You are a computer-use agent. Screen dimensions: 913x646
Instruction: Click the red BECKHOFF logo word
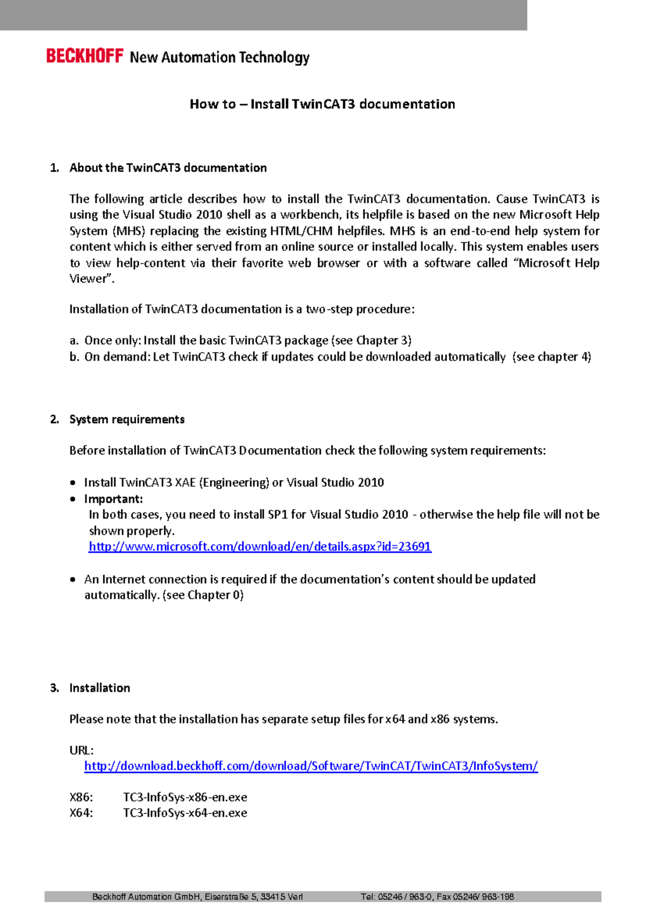click(x=85, y=56)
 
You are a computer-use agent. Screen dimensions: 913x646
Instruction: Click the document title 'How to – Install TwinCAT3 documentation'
click(x=322, y=104)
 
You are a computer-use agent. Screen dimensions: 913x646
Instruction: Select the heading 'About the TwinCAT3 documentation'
click(x=168, y=168)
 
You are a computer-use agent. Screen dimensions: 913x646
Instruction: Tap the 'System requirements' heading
click(x=127, y=419)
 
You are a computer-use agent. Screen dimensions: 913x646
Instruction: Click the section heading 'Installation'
click(x=100, y=688)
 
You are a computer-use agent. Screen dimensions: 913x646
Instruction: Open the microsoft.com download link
click(x=260, y=547)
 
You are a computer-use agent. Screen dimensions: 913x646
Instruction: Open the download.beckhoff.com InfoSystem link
click(x=311, y=766)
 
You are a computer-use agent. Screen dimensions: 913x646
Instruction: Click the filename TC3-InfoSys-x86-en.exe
click(x=185, y=797)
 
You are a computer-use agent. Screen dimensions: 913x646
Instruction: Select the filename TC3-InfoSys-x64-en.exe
click(x=185, y=813)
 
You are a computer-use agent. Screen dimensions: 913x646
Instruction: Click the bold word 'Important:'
click(x=114, y=499)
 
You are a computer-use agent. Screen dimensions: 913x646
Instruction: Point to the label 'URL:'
click(x=81, y=750)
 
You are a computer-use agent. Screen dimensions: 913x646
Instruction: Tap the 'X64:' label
click(x=81, y=813)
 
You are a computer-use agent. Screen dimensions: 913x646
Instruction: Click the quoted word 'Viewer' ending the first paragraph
click(x=90, y=279)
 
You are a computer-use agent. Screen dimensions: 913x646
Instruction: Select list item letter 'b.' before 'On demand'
click(x=75, y=357)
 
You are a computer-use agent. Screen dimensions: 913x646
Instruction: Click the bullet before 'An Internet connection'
click(x=73, y=580)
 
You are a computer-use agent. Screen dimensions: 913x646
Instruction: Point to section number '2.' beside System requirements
click(x=54, y=419)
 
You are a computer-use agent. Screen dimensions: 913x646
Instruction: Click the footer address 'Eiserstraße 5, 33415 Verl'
click(x=254, y=897)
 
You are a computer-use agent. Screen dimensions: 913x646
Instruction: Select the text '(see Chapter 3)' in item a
click(x=371, y=341)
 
